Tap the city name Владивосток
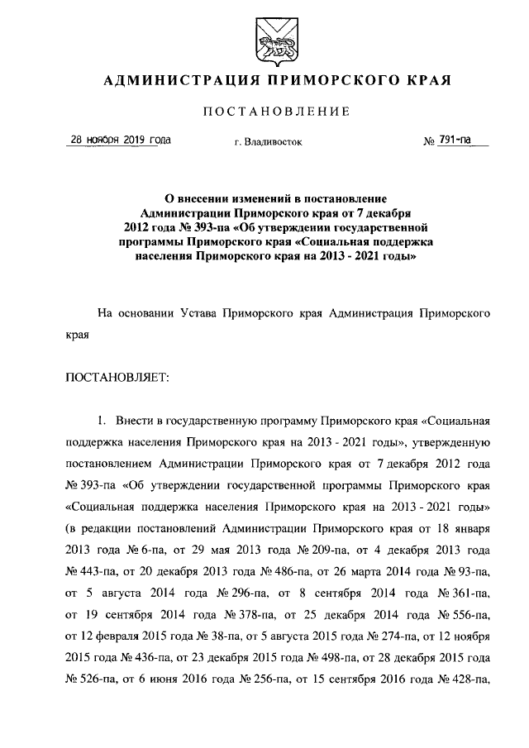(273, 142)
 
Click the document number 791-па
(455, 141)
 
